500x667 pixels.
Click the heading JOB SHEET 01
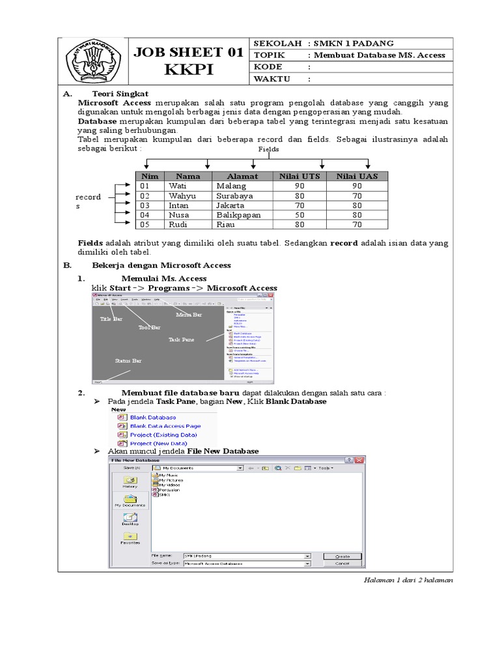pos(188,53)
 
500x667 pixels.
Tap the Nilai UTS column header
pos(299,176)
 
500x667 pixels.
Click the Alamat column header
pos(242,176)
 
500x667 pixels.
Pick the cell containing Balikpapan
pos(238,214)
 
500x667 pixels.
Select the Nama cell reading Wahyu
pos(182,195)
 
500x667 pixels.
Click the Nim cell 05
pos(145,225)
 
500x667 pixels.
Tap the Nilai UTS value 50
pos(299,214)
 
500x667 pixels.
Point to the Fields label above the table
pos(269,149)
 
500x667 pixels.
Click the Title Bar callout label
pos(111,319)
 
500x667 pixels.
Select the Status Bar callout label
pos(128,360)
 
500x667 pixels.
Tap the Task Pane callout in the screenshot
pos(181,339)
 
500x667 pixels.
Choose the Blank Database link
pos(153,417)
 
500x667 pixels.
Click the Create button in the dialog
pos(342,556)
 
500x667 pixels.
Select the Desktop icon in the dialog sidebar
pos(130,519)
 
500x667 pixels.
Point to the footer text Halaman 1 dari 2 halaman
pos(408,580)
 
